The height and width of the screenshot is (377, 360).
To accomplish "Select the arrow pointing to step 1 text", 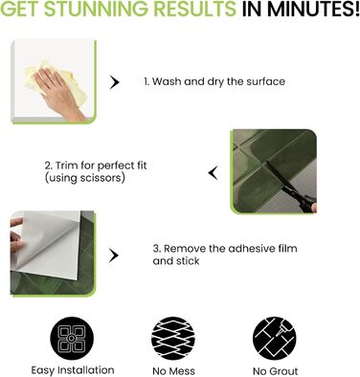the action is coord(114,82).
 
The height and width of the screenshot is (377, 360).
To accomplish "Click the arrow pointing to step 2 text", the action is coord(214,173).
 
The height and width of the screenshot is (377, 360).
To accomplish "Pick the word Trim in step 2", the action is coord(66,166).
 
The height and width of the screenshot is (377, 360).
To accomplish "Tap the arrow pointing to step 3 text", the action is coord(114,255).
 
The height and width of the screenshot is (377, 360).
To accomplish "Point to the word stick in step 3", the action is coord(188,261).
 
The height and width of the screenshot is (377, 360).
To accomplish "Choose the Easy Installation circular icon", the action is coord(72,339).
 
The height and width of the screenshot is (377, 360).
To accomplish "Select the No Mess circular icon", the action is coord(173,339).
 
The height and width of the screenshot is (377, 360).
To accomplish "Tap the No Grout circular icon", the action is coord(275,339).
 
